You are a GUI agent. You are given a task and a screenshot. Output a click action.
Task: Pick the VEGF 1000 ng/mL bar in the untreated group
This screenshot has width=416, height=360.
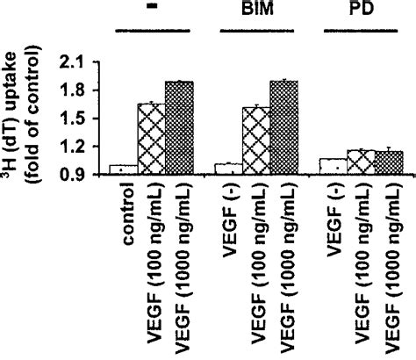[x=178, y=128]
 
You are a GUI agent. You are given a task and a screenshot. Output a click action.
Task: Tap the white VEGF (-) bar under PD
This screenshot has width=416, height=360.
[x=334, y=166]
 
